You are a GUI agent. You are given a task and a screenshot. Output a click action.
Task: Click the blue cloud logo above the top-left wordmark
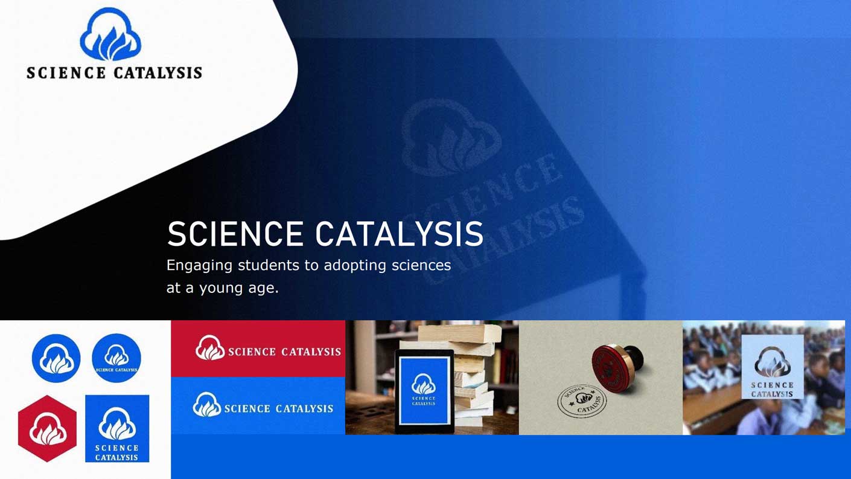[x=110, y=35]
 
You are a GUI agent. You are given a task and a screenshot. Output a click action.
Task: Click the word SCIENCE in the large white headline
[x=235, y=234]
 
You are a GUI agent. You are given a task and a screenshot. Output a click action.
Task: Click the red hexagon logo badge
[x=47, y=428]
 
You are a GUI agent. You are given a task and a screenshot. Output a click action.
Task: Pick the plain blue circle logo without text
[x=56, y=358]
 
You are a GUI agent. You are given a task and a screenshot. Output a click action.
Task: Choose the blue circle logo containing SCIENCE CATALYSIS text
[x=116, y=358]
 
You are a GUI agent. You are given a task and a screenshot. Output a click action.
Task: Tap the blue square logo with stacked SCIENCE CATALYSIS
[x=117, y=428]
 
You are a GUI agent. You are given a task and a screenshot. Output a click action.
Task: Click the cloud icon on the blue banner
[x=207, y=405]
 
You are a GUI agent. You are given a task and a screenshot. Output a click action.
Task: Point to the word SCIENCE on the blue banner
[x=246, y=409]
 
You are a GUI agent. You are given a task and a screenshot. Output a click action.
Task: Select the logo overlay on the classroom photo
[x=773, y=367]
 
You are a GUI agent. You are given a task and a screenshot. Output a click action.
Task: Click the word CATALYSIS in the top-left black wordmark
[x=158, y=73]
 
